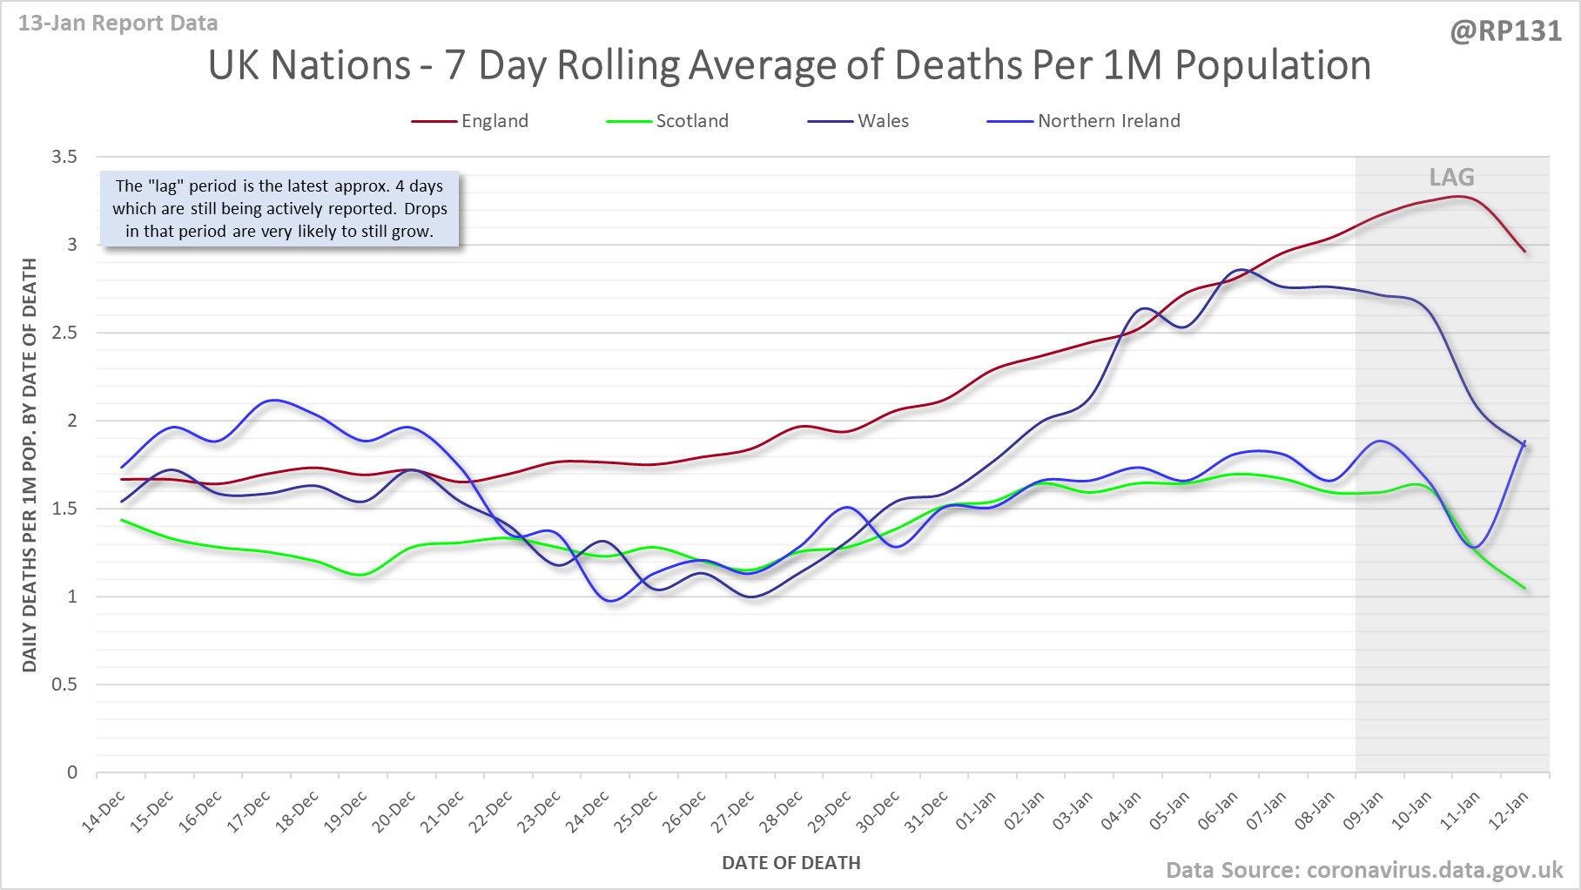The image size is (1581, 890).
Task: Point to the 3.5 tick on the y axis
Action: coord(64,157)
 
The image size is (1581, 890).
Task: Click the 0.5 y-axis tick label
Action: coord(64,684)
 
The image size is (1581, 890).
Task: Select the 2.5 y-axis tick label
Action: coord(64,333)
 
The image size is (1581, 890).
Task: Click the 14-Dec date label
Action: coord(105,812)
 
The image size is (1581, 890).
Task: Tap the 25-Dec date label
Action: coord(638,812)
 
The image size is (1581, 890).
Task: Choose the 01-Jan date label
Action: coord(977,812)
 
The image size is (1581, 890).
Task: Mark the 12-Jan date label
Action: coord(1510,812)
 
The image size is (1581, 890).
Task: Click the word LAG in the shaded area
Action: coord(1451,178)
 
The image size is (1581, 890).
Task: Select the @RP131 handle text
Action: coord(1505,31)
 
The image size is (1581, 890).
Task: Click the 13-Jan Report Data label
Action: coord(118,24)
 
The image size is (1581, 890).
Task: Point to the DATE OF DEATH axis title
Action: coord(790,863)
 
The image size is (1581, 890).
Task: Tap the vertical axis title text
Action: coord(30,465)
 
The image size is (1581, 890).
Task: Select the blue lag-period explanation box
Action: coord(279,209)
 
